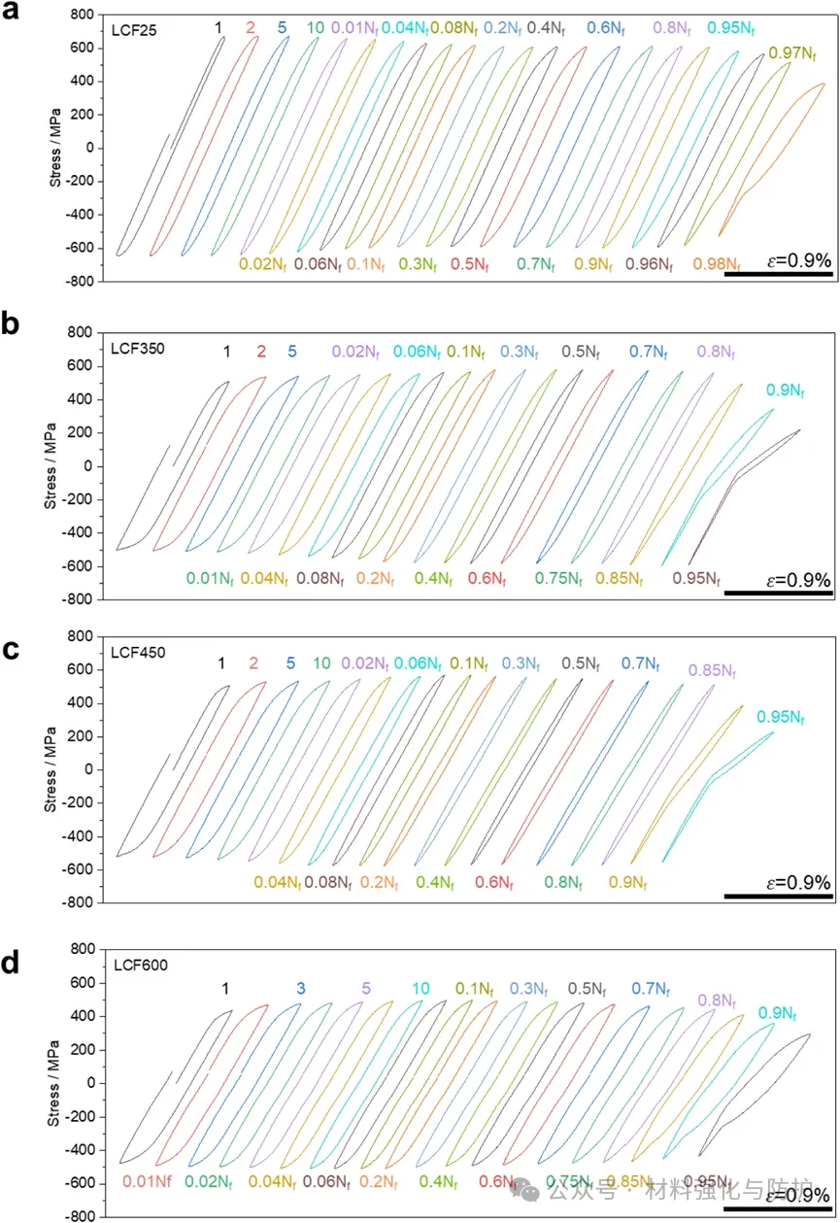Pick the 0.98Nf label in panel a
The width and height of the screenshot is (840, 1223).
pyautogui.click(x=716, y=263)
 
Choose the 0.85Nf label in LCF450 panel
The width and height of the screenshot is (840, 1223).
pyautogui.click(x=712, y=670)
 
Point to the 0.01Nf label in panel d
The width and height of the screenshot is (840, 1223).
pyautogui.click(x=148, y=1181)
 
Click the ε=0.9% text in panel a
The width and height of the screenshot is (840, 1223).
pyautogui.click(x=798, y=261)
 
